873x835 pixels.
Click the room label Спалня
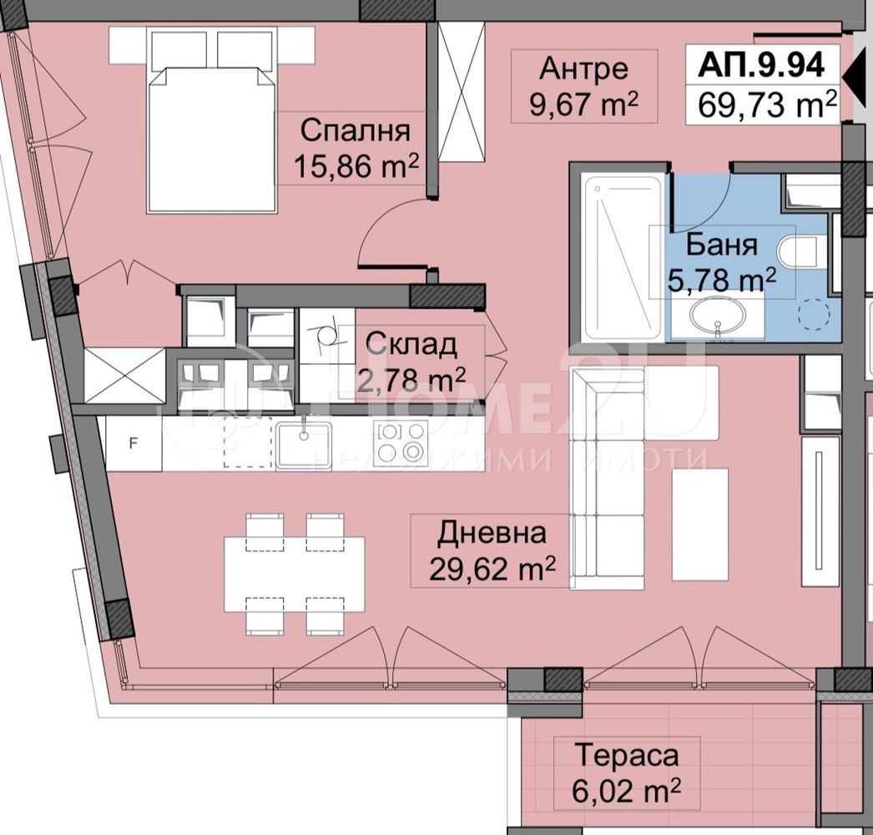[x=355, y=131]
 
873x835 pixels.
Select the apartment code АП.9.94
[x=761, y=64]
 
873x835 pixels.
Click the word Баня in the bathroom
[x=722, y=245]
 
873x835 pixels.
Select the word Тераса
[x=625, y=756]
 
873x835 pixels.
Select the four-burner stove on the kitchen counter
[x=401, y=443]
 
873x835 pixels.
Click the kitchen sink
[x=304, y=444]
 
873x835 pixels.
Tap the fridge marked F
[x=133, y=443]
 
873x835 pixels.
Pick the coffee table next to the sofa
[x=699, y=524]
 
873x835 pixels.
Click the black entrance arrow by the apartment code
[x=853, y=77]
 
